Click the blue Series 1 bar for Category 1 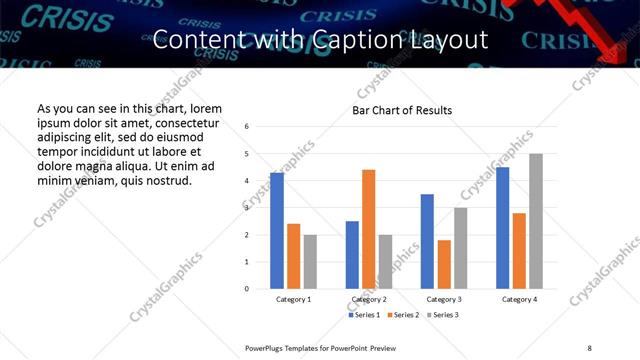(277, 231)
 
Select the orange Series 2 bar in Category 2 (368, 229)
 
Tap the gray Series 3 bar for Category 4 (536, 221)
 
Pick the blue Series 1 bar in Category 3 (427, 241)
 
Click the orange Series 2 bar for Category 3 (444, 264)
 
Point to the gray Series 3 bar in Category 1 (310, 262)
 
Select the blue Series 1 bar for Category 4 (502, 228)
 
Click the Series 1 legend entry (362, 315)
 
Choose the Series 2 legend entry (402, 315)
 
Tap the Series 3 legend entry (442, 315)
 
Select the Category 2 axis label (369, 300)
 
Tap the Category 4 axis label (519, 300)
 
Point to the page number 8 (589, 347)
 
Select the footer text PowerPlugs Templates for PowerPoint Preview (321, 347)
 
